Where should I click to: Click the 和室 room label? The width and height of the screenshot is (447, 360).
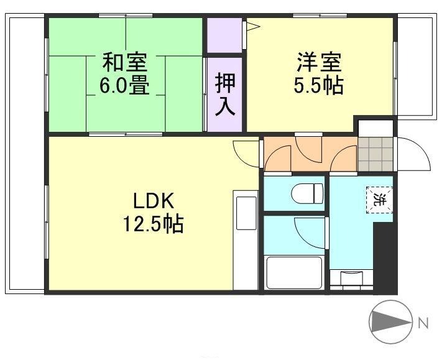(x=124, y=63)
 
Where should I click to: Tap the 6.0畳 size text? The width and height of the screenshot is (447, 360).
(x=124, y=86)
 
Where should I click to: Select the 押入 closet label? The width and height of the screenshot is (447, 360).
(x=225, y=93)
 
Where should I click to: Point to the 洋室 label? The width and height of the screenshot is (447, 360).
(x=319, y=63)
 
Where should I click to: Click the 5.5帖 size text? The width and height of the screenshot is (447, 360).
(x=319, y=86)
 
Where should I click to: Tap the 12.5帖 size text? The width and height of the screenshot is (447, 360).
(x=152, y=224)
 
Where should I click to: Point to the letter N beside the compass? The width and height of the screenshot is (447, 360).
(x=423, y=323)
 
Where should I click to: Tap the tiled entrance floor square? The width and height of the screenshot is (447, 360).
(x=376, y=153)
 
